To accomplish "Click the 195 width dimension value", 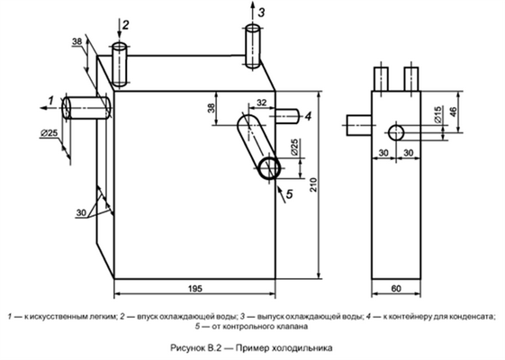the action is pos(195,289).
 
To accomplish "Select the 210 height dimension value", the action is pos(313,184).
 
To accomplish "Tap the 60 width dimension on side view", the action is pos(396,289).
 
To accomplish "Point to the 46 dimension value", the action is pos(454,112).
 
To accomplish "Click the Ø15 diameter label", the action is pos(437,114).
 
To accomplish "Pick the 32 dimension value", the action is pos(262,103).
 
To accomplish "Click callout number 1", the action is pos(51,101).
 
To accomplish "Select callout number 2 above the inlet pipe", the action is pos(126,25).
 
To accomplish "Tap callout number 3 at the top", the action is pos(262,13).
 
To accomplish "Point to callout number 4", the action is pos(308,116).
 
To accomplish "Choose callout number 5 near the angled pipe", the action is pos(289,193).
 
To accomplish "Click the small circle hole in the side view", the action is pos(396,132).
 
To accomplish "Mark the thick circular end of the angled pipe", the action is pos(269,167).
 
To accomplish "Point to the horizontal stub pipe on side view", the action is pos(359,125).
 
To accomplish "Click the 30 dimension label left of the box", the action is pos(81,212).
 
